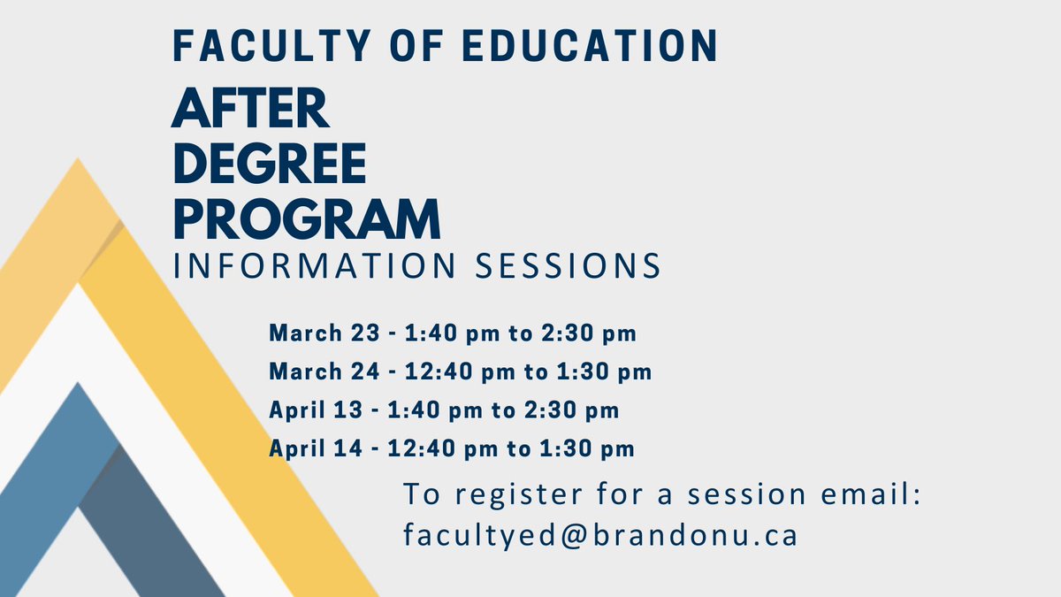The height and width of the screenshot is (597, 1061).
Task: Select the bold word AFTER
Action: click(250, 111)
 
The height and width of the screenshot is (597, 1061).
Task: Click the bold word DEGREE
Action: click(270, 165)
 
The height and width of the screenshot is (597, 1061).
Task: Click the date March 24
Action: click(321, 372)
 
